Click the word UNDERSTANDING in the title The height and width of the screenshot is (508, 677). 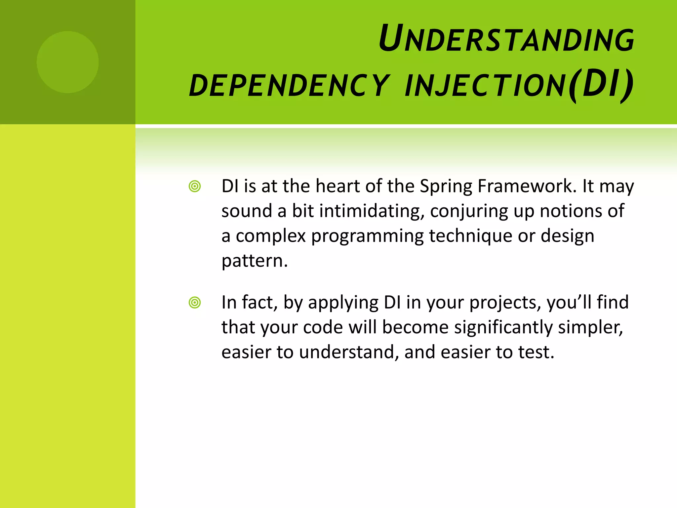pyautogui.click(x=506, y=39)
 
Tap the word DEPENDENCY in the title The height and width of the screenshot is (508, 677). pyautogui.click(x=290, y=86)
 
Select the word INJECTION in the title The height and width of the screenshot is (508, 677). pyautogui.click(x=485, y=86)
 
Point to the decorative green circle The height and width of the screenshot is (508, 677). pyautogui.click(x=67, y=62)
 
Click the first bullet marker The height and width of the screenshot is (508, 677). pyautogui.click(x=195, y=187)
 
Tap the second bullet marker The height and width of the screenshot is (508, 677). pyautogui.click(x=195, y=303)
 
